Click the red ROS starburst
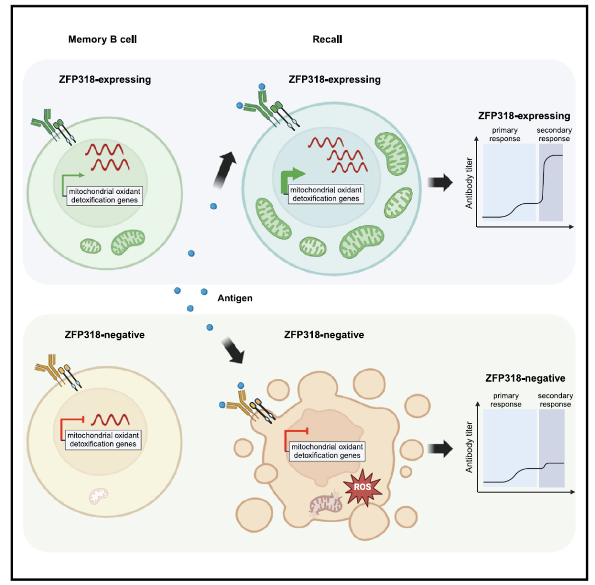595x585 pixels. [361, 486]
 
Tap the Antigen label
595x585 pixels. [235, 298]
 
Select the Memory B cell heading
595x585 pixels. [102, 40]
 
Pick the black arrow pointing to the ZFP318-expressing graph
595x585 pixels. [437, 182]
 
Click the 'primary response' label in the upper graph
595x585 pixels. [505, 134]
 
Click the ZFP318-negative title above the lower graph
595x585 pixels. [525, 378]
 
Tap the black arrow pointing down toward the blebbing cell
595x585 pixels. [232, 351]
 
